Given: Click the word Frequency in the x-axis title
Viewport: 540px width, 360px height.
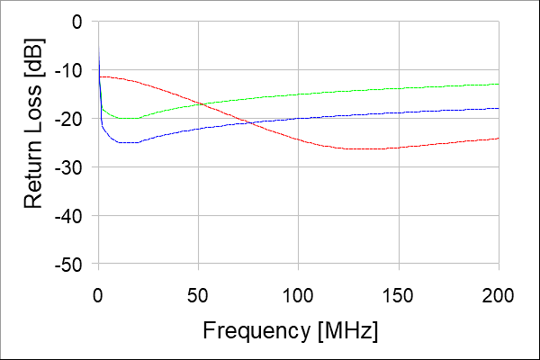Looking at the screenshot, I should click(x=257, y=329).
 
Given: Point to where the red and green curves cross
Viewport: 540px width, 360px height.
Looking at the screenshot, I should click(x=200, y=104).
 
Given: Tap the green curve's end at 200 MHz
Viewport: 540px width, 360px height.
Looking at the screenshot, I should click(x=498, y=84).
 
